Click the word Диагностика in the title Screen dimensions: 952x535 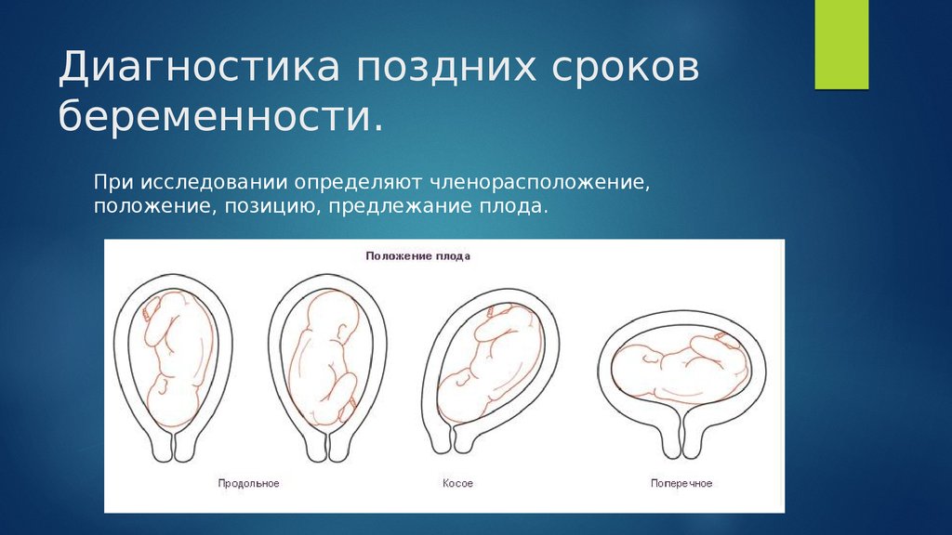199,66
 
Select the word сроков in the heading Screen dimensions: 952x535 626,67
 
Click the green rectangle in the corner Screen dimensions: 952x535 841,45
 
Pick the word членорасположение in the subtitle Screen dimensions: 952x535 539,182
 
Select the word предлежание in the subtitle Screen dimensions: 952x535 402,206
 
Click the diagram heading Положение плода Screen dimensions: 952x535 417,256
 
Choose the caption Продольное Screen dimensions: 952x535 248,483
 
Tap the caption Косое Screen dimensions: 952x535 457,483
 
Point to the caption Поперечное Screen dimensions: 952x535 681,483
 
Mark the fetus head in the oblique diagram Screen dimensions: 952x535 461,394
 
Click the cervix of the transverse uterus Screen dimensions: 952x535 681,435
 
